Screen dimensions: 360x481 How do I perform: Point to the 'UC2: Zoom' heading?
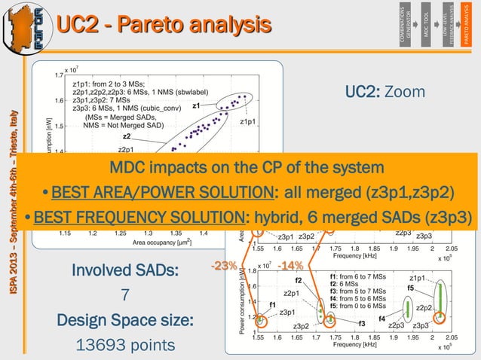tap(385, 92)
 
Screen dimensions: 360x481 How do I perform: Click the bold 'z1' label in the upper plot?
tap(196, 106)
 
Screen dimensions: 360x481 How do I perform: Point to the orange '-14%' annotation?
tap(290, 266)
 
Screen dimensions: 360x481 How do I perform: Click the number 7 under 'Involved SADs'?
tap(127, 295)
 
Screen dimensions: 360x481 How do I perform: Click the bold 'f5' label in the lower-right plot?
tap(411, 288)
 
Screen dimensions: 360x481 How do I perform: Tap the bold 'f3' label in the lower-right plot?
tap(362, 324)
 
